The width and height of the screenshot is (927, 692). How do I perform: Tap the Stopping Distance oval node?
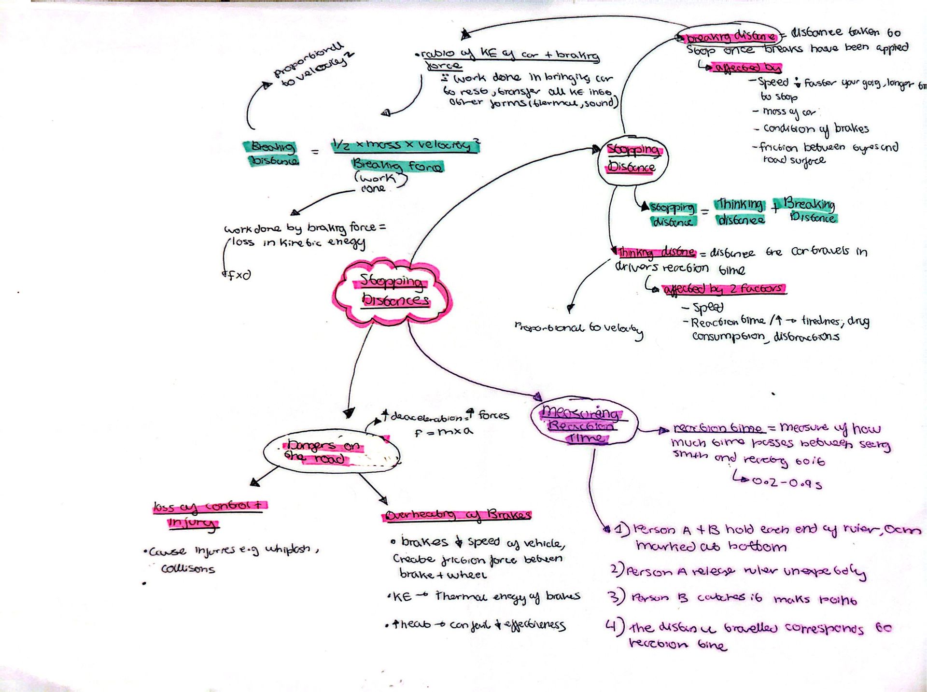tap(632, 159)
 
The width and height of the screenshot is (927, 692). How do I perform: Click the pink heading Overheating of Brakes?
tap(458, 515)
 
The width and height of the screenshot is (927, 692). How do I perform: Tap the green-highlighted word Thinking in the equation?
tap(740, 205)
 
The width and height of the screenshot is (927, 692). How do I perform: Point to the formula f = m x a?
tap(443, 432)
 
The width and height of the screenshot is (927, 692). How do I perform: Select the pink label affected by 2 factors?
tap(724, 289)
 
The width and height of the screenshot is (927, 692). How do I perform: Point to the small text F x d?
tap(239, 275)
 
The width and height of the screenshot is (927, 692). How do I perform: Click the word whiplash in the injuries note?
tap(288, 550)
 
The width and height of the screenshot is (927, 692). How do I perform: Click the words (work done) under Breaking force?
tap(379, 183)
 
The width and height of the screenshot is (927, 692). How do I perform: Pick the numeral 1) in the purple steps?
tap(622, 529)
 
